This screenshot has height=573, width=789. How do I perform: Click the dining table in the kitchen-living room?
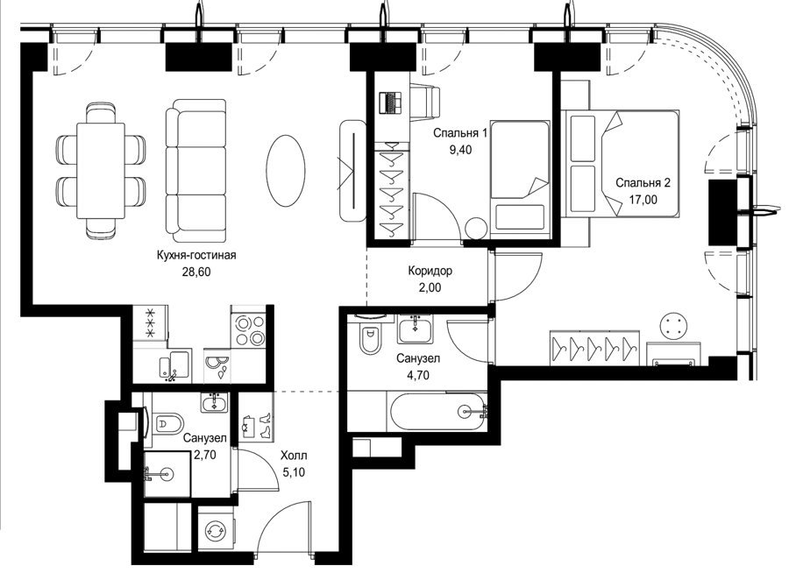[x=101, y=171]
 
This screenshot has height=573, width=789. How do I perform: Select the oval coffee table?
[x=285, y=170]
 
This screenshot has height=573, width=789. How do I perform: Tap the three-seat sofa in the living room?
[x=195, y=170]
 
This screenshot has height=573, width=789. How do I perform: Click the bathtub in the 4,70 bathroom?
[x=437, y=412]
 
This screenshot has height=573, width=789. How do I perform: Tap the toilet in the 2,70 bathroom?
[x=163, y=424]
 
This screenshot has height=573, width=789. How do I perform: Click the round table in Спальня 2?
[x=672, y=325]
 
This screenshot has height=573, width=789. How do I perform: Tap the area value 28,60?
[x=195, y=272]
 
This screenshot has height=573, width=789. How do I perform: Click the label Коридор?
[x=430, y=271]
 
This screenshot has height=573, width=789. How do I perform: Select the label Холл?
[x=294, y=456]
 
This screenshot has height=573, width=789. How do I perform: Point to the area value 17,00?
[x=643, y=199]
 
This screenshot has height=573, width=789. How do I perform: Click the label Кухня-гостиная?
[x=196, y=255]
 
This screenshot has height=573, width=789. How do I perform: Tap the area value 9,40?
[x=460, y=150]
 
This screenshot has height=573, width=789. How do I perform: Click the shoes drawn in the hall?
[x=257, y=424]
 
